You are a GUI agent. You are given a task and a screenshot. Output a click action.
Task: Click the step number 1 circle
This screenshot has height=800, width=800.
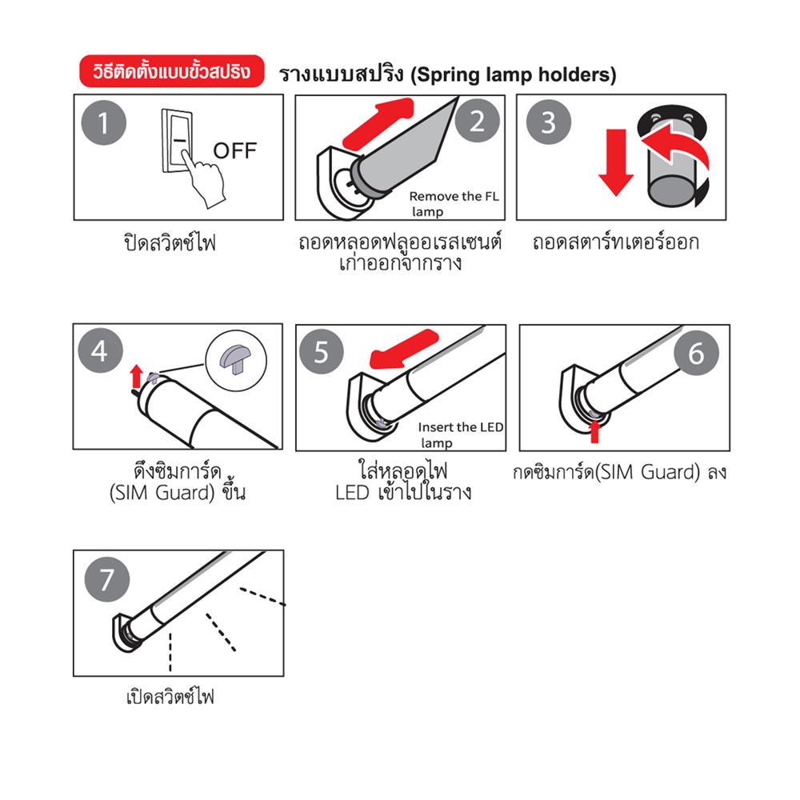click(103, 123)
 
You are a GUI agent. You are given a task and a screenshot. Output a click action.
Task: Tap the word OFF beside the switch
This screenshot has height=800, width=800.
click(234, 150)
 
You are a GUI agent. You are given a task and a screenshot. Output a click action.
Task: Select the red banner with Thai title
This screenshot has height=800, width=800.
click(172, 71)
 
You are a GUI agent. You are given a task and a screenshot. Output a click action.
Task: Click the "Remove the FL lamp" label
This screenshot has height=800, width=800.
click(453, 203)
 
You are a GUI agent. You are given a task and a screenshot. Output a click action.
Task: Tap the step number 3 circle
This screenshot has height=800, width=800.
click(549, 122)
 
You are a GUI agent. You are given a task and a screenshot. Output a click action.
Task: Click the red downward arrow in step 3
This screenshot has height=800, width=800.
click(616, 162)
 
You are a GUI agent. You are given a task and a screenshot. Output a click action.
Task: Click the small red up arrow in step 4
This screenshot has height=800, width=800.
click(136, 376)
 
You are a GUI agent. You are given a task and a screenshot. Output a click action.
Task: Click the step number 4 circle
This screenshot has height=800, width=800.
click(100, 350)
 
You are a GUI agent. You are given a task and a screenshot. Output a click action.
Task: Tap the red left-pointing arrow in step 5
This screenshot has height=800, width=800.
click(403, 350)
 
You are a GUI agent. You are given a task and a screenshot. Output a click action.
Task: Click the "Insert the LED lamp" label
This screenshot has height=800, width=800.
click(460, 434)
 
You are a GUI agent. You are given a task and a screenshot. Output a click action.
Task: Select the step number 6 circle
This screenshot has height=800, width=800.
click(697, 353)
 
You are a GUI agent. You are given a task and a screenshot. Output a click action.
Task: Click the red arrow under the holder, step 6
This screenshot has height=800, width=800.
click(594, 431)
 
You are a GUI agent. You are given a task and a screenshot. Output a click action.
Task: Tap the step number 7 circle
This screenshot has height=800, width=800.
click(106, 579)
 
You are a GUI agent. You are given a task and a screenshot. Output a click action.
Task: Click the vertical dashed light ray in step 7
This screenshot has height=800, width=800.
click(170, 653)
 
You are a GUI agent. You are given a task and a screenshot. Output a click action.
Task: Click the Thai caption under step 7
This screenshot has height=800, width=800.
click(170, 696)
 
